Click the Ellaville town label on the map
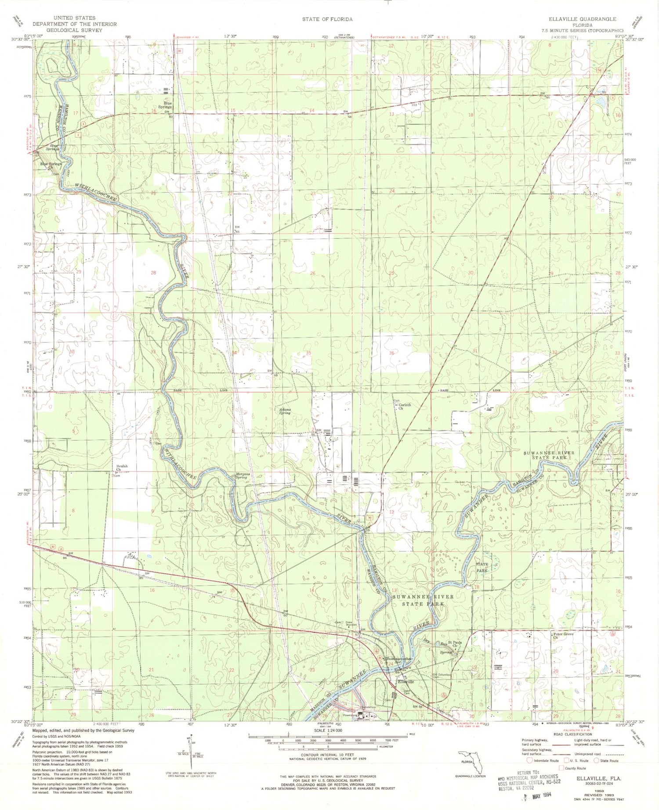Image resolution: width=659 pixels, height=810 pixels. tap(406, 682)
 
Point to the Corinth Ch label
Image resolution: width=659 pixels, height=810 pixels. tap(404, 407)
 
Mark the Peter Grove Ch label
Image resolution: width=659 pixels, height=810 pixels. tap(563, 635)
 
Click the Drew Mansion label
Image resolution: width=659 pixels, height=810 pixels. tap(351, 623)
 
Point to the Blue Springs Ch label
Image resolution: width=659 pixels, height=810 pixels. tap(51, 166)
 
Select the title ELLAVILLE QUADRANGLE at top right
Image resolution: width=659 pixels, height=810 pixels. tap(582, 19)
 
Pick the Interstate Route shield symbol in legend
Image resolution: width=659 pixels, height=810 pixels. tap(529, 760)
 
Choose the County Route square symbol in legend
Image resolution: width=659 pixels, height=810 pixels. tap(561, 768)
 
